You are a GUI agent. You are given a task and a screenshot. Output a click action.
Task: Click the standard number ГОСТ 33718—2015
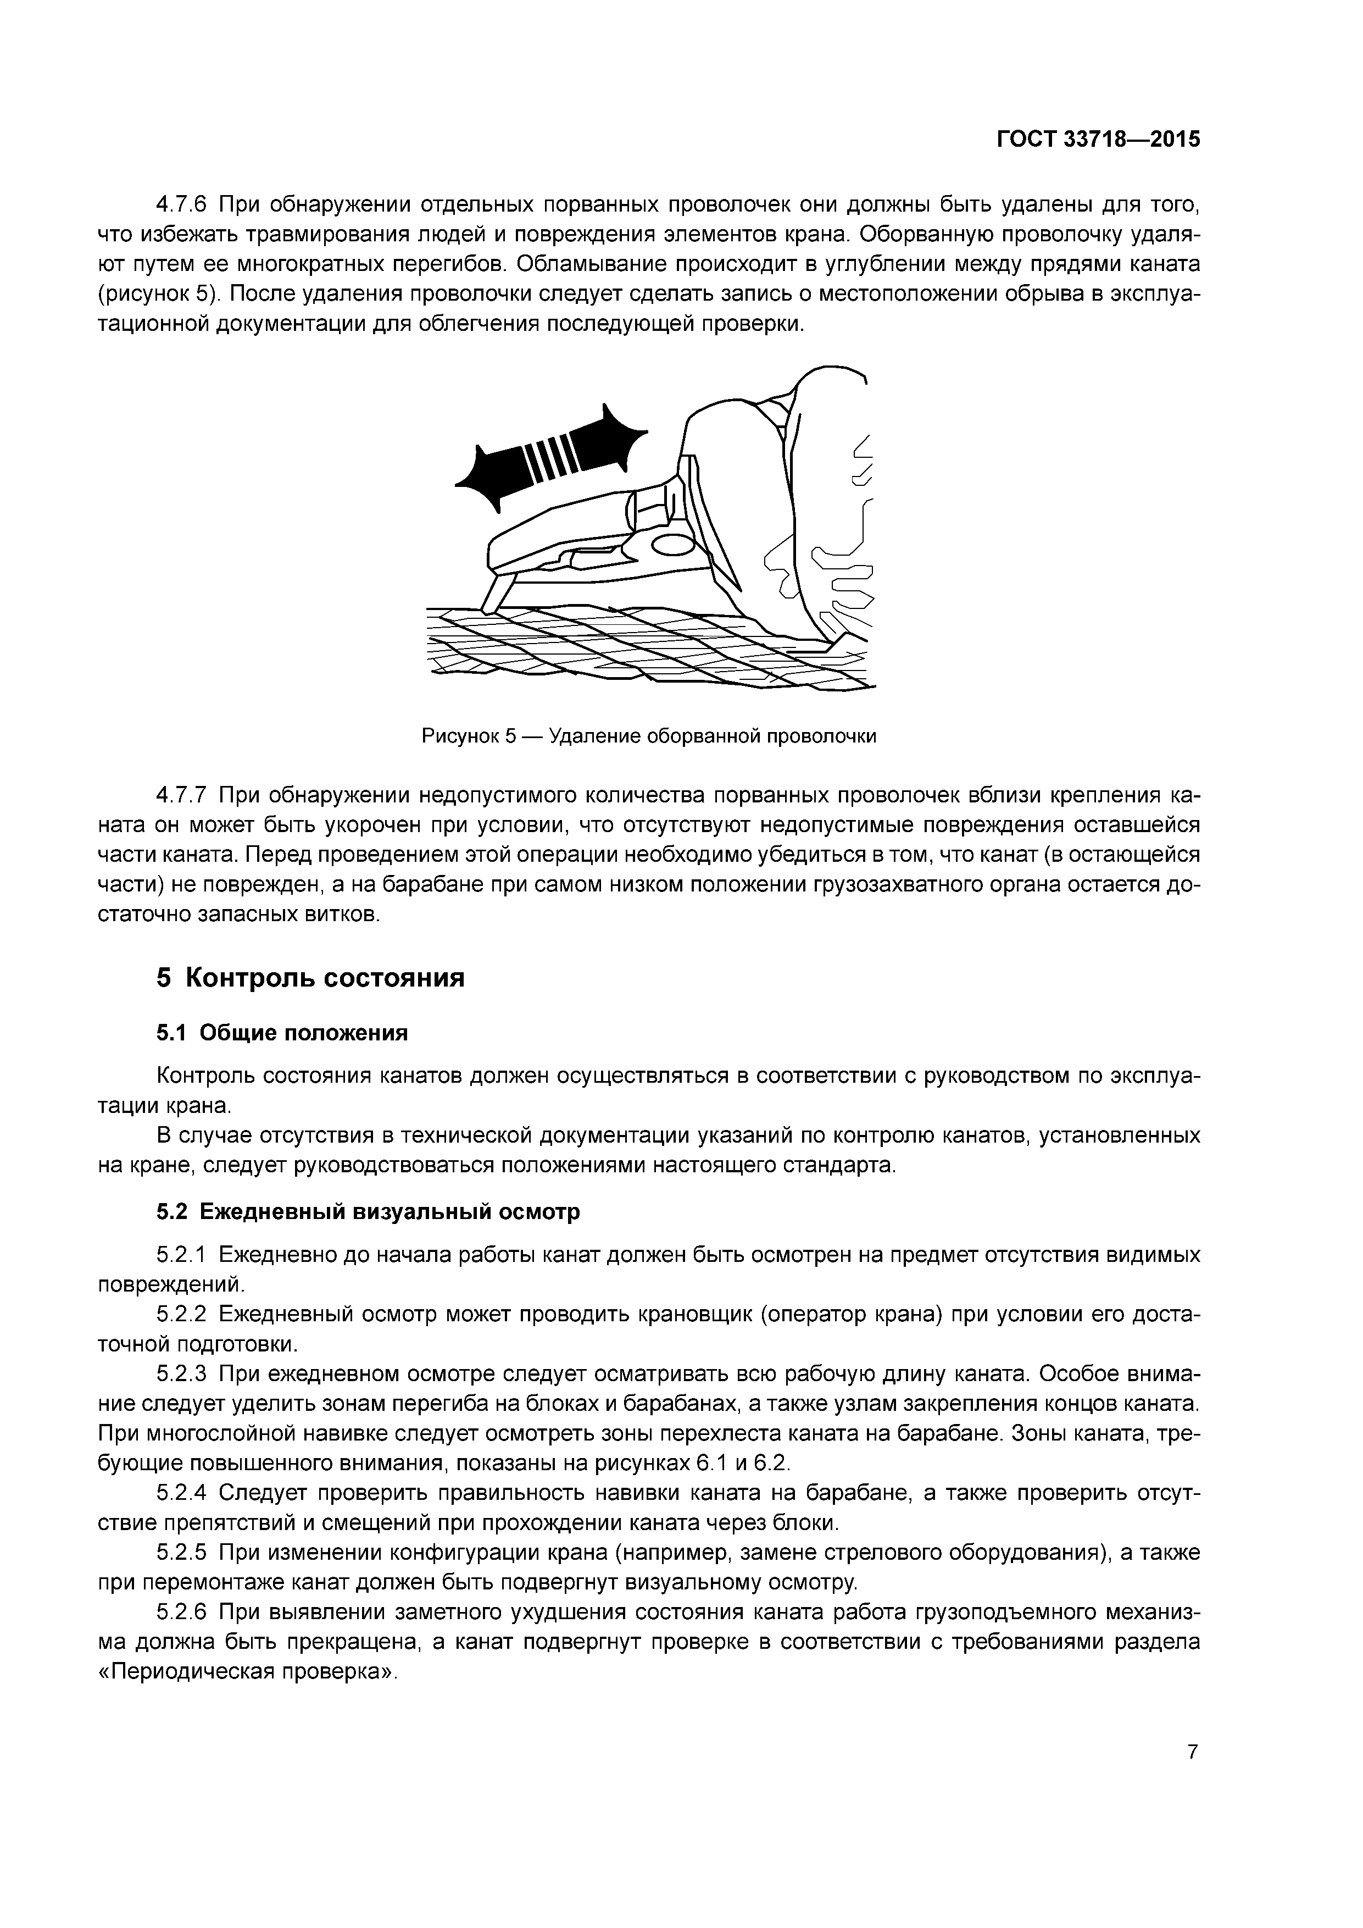click(x=1099, y=140)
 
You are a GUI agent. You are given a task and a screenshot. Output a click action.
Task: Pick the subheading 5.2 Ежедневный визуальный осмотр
click(x=368, y=1212)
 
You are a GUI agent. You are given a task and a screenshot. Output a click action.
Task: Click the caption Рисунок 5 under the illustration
click(x=648, y=736)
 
